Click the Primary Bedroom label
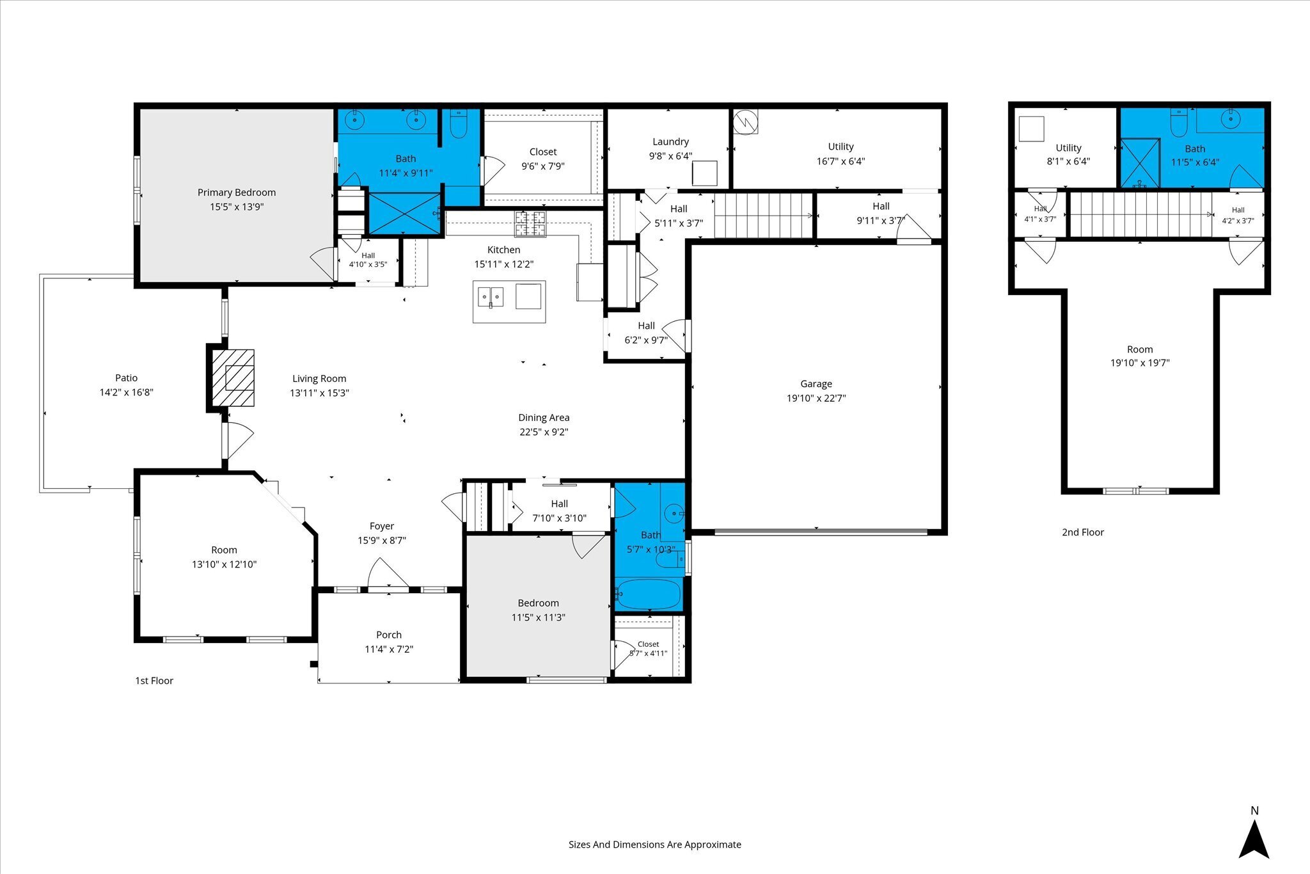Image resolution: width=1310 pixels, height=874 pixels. point(236,193)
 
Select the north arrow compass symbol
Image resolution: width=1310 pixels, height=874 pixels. point(1254,839)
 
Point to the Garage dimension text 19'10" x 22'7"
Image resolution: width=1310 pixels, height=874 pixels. point(816,398)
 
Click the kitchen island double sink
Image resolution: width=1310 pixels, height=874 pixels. point(491,297)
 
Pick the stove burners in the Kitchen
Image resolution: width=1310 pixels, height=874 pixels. point(530,223)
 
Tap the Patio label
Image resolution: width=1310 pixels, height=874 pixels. point(126,378)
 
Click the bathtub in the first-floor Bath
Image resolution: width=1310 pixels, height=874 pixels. point(649,594)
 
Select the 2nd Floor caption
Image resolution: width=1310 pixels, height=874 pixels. point(1083,532)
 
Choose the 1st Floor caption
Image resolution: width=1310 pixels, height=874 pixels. point(154,681)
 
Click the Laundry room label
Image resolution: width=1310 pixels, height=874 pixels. point(670,142)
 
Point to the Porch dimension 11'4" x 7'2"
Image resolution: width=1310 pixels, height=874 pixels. point(389,649)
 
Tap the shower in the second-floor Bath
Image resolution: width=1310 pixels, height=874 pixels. point(1140,163)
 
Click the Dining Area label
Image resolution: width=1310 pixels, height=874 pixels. point(544,418)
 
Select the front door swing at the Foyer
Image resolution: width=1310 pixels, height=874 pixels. point(388,574)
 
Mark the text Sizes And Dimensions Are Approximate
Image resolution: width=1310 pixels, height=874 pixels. point(655,845)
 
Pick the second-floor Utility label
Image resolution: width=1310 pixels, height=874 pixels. point(1068,148)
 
